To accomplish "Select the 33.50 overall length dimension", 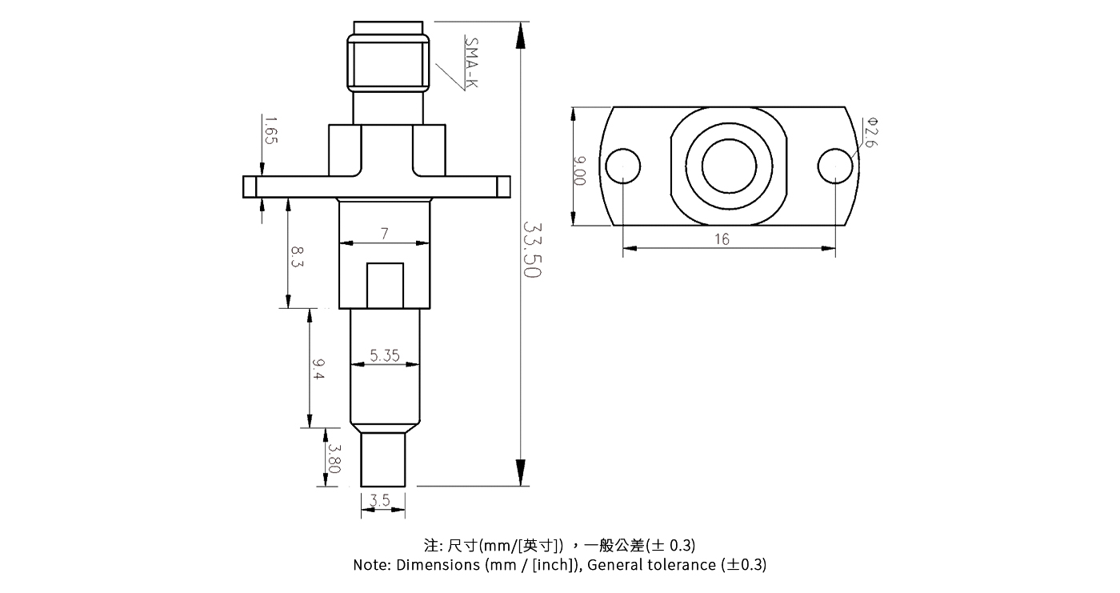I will click(532, 250).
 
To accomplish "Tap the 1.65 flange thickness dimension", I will click(270, 130).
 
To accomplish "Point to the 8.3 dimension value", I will click(297, 258).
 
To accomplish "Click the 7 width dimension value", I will click(385, 234).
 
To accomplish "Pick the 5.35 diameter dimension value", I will click(385, 355).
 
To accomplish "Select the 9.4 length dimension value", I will click(318, 370).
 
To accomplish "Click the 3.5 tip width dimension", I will click(381, 501).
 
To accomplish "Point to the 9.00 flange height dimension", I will click(580, 170).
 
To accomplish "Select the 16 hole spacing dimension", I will click(722, 239).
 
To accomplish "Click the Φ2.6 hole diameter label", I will click(871, 132).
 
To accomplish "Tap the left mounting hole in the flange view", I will click(623, 166).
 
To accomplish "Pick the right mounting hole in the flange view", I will click(835, 166).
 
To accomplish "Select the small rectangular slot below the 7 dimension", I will click(385, 285).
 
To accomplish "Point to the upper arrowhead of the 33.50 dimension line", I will click(522, 34).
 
